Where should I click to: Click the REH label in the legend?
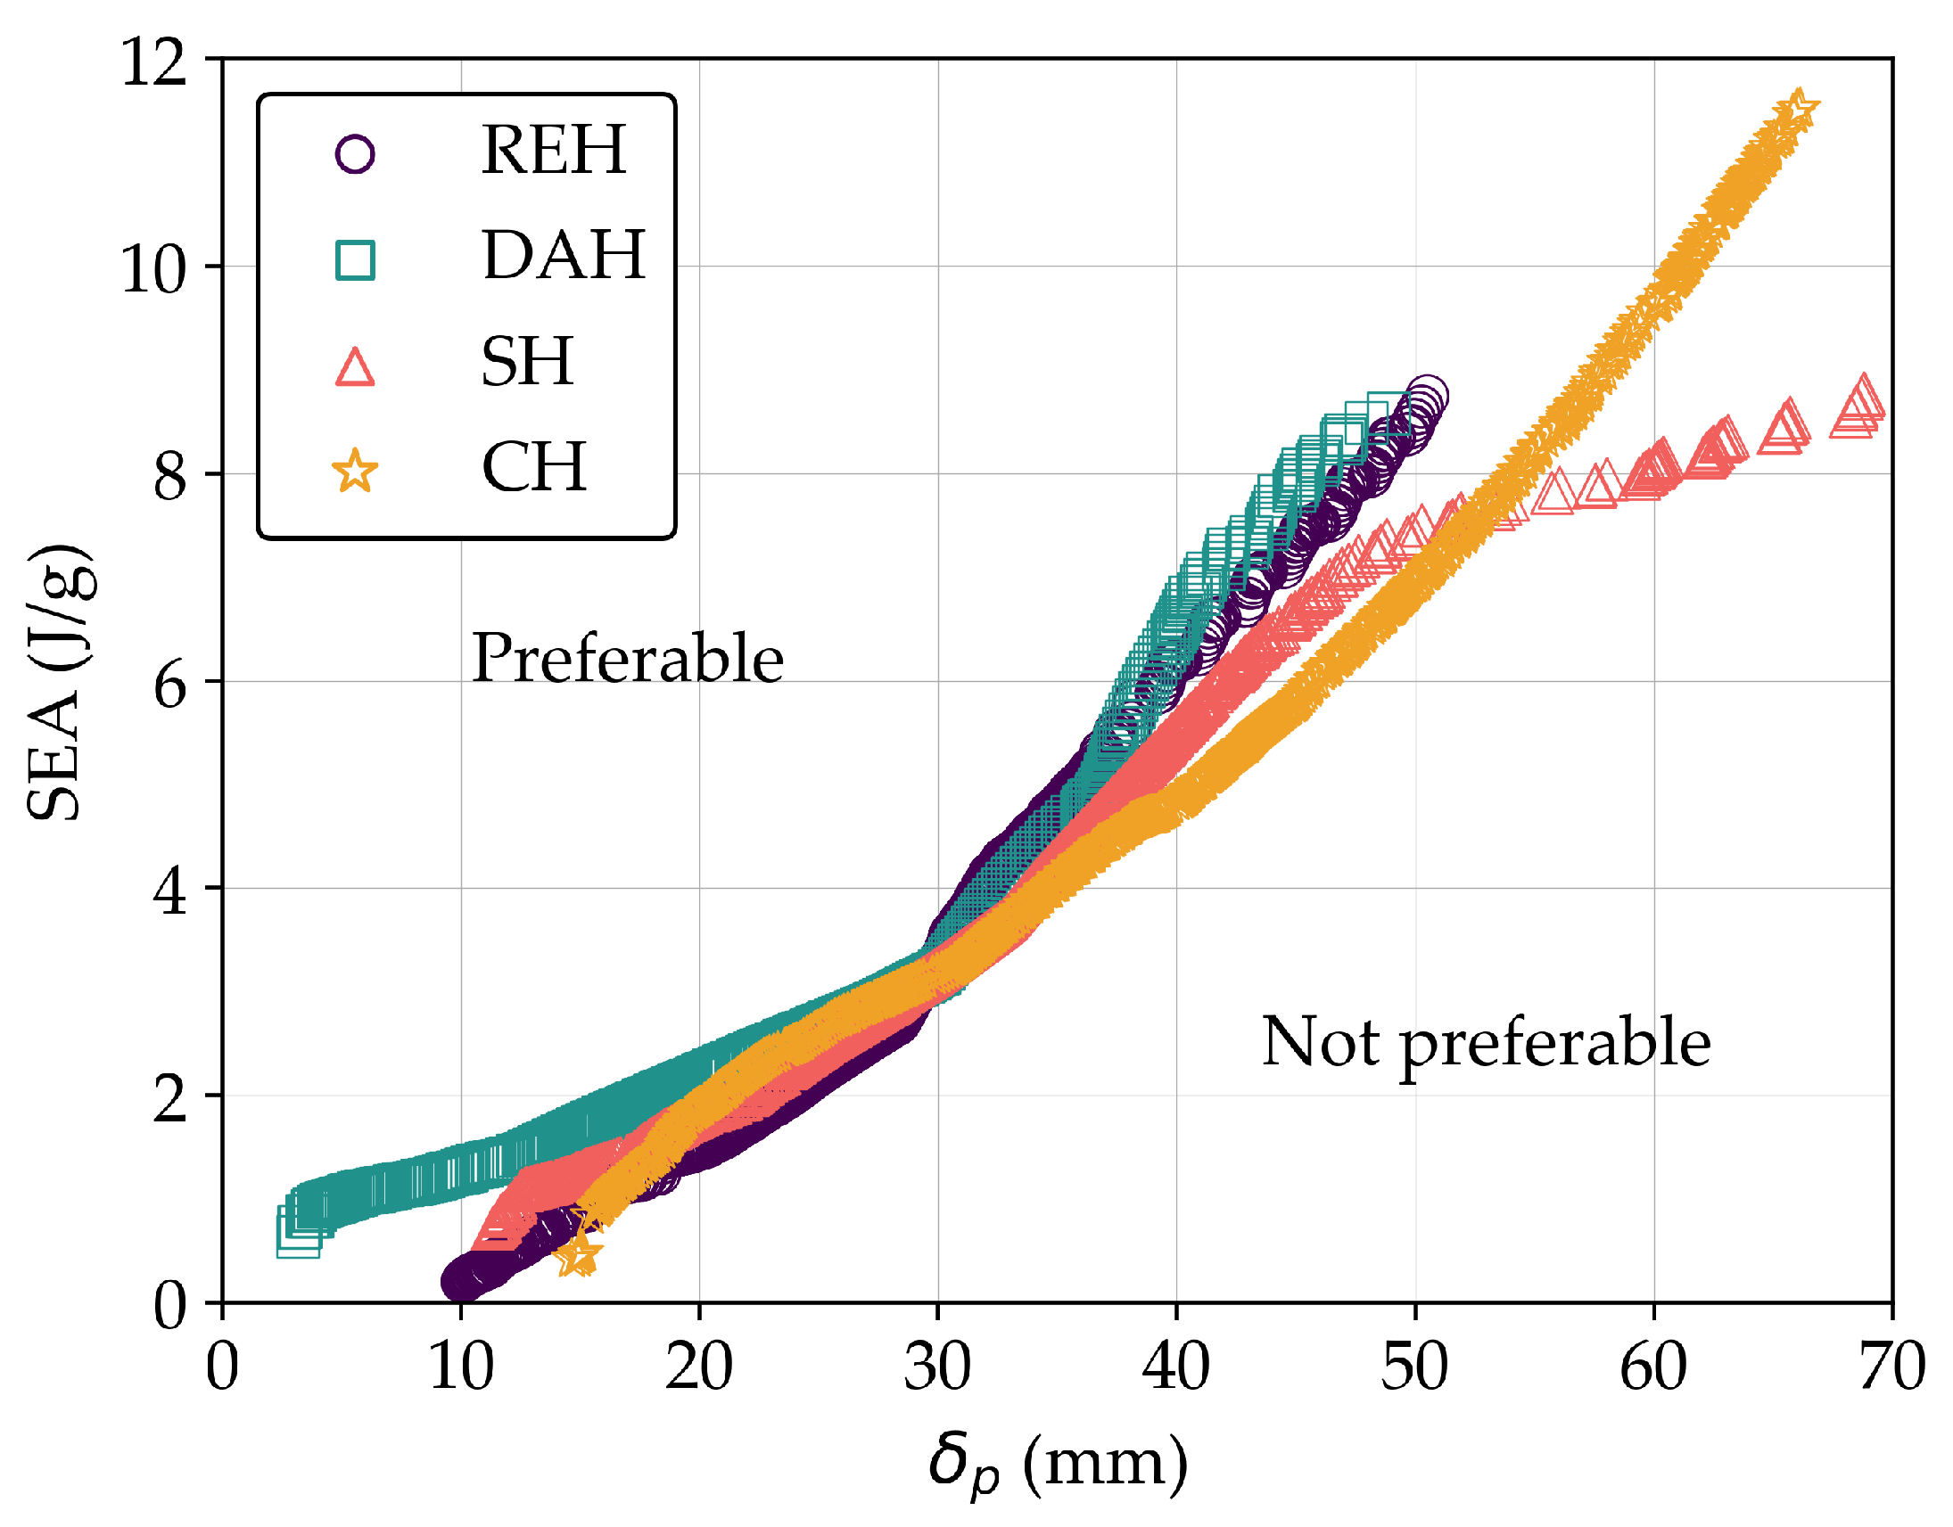(x=553, y=149)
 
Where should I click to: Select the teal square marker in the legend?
(x=355, y=260)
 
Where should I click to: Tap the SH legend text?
(x=527, y=361)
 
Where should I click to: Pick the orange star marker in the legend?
(x=355, y=472)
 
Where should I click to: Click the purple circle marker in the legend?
(x=355, y=154)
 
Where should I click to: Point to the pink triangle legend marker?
(x=355, y=367)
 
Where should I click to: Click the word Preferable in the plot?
(x=628, y=658)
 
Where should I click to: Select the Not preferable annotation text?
(x=1486, y=1042)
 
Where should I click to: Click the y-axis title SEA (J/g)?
(x=58, y=681)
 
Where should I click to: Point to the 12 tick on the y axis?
(x=153, y=62)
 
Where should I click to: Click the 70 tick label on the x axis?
(x=1892, y=1366)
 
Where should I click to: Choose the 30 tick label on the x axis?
(x=937, y=1366)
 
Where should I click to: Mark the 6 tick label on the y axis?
(x=170, y=686)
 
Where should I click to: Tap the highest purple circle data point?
(x=1426, y=396)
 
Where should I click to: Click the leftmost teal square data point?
(x=298, y=1235)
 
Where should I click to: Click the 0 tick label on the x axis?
(x=222, y=1366)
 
